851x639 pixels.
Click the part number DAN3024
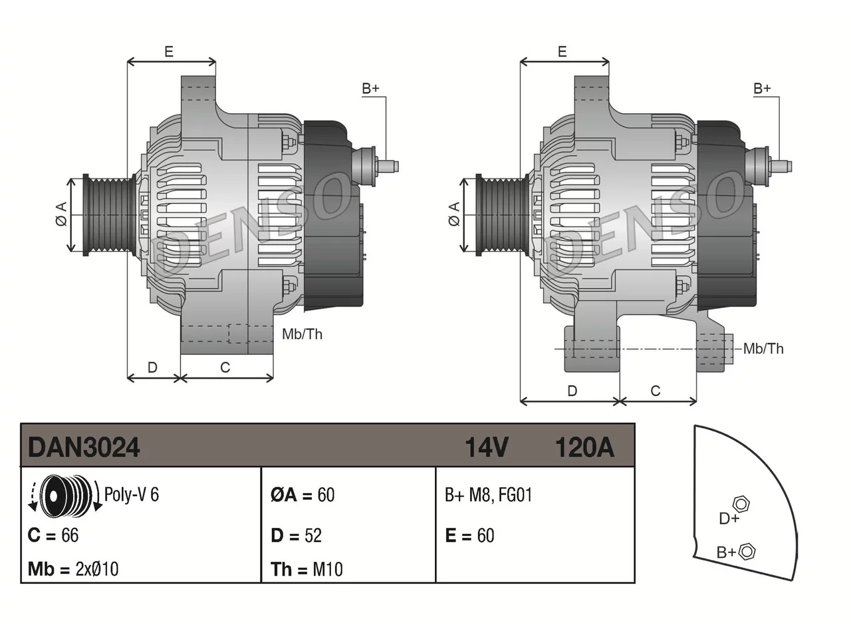tap(84, 447)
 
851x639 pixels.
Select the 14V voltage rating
tap(487, 447)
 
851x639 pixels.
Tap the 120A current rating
tap(584, 447)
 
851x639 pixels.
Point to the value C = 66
tap(53, 535)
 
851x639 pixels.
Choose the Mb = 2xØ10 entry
tap(73, 569)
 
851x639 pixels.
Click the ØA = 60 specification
tap(303, 495)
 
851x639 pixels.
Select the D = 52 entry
tap(297, 535)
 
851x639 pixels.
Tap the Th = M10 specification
tap(306, 569)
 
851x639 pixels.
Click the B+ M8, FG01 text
tap(489, 495)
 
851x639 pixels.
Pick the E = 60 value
tap(470, 535)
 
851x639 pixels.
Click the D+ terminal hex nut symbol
tap(741, 504)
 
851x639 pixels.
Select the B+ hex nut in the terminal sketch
tap(746, 551)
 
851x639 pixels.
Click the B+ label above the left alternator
tap(370, 89)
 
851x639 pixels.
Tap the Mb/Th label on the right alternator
tap(763, 349)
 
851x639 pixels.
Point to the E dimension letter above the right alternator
tap(562, 51)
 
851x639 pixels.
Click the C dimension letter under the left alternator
tap(225, 367)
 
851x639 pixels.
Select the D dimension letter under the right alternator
tap(572, 391)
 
